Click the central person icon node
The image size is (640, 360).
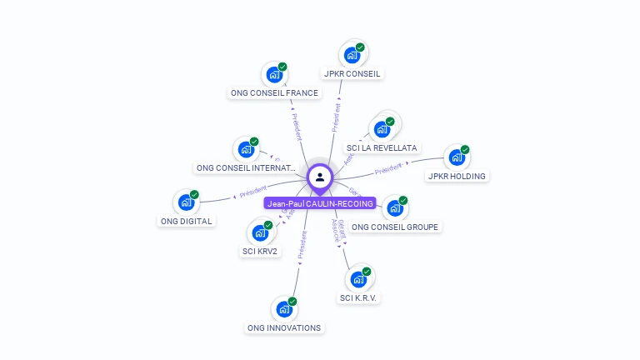tap(320, 177)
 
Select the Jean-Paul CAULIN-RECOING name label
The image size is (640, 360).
tap(320, 203)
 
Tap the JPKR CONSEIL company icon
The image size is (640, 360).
tap(352, 56)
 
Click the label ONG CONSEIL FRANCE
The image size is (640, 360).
tap(274, 92)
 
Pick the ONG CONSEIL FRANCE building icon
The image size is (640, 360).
tap(273, 75)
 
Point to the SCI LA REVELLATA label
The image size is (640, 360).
tap(382, 147)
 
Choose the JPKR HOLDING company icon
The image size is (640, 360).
tap(456, 157)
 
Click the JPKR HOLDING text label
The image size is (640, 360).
tap(457, 176)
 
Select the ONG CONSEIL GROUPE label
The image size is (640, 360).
tap(394, 227)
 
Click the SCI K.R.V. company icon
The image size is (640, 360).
tap(357, 279)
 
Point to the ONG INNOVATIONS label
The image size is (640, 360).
tap(284, 327)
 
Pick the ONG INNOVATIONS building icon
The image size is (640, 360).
tap(283, 310)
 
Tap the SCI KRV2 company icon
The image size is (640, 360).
tap(259, 233)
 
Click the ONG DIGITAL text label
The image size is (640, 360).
tap(186, 221)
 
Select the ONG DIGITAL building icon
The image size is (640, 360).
tap(185, 202)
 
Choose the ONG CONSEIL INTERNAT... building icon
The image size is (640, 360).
tap(245, 150)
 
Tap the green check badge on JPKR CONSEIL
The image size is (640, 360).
tap(360, 47)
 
